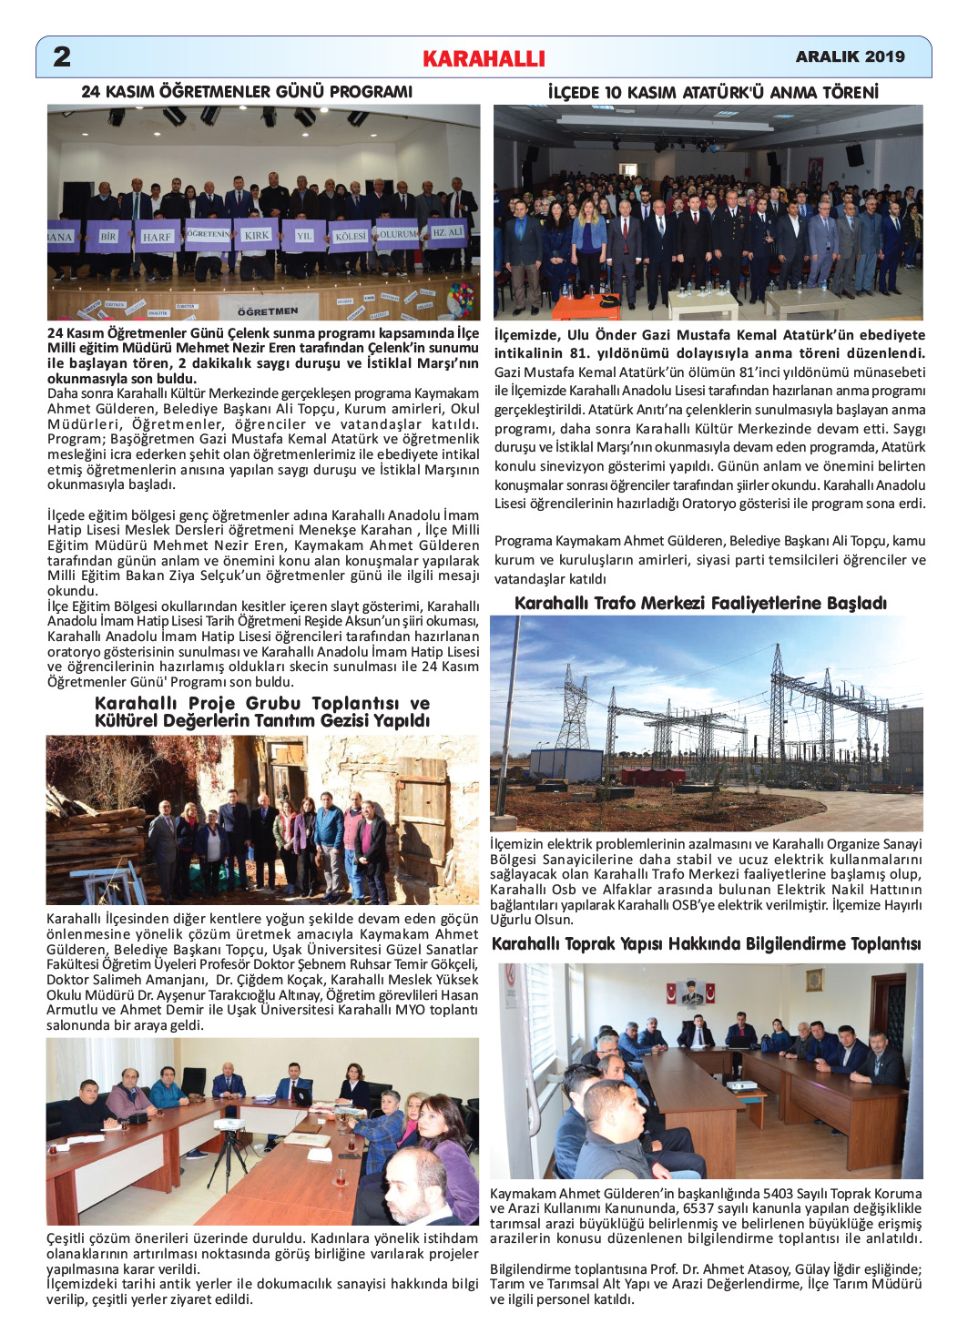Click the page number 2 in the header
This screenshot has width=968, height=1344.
pyautogui.click(x=62, y=56)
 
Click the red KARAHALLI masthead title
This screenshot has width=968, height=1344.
pyautogui.click(x=484, y=59)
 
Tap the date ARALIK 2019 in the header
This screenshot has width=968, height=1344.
pyautogui.click(x=850, y=56)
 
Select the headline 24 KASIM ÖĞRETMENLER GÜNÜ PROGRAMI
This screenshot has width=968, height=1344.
pyautogui.click(x=247, y=92)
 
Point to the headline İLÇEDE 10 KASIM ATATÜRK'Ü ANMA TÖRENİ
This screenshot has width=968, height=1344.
pyautogui.click(x=713, y=93)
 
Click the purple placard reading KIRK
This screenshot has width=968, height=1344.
pyautogui.click(x=257, y=235)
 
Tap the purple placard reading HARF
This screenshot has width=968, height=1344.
pyautogui.click(x=157, y=237)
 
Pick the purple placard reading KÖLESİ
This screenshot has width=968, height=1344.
pyautogui.click(x=350, y=236)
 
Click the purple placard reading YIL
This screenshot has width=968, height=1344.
pyautogui.click(x=304, y=236)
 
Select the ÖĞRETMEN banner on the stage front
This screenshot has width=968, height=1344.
pyautogui.click(x=268, y=311)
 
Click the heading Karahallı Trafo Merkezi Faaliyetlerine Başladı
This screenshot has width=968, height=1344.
pyautogui.click(x=700, y=603)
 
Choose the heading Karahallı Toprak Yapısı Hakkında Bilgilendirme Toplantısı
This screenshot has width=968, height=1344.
pyautogui.click(x=706, y=943)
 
